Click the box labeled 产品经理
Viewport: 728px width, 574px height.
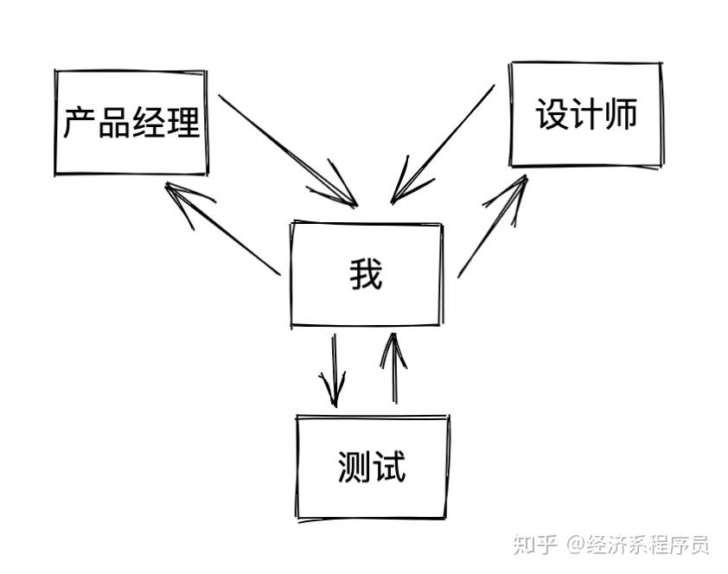(x=131, y=123)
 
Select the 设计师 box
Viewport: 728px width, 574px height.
(x=586, y=114)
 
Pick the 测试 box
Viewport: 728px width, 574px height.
(x=372, y=467)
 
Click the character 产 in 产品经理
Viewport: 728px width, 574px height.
(x=79, y=123)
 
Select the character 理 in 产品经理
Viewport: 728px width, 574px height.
(x=183, y=123)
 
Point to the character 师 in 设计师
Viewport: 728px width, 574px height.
(x=620, y=114)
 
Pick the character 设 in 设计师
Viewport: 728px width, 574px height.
(x=552, y=114)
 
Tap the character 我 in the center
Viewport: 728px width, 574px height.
(x=366, y=275)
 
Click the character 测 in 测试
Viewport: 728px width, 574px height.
(x=354, y=467)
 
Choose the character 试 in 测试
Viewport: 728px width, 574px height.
(x=389, y=467)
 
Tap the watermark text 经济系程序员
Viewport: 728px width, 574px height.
(x=648, y=545)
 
